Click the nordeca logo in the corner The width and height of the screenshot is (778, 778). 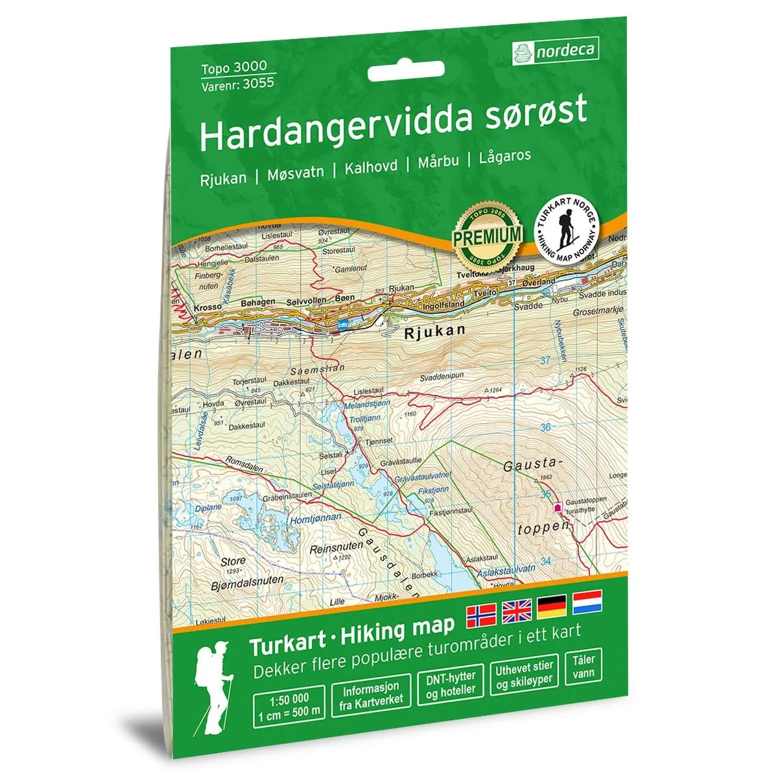pyautogui.click(x=555, y=50)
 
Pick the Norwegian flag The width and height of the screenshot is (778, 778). pyautogui.click(x=481, y=611)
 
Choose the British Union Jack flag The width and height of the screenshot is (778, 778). pyautogui.click(x=516, y=608)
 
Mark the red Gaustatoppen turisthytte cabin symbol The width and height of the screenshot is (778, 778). pyautogui.click(x=556, y=508)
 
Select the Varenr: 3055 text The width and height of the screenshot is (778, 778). pyautogui.click(x=237, y=82)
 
